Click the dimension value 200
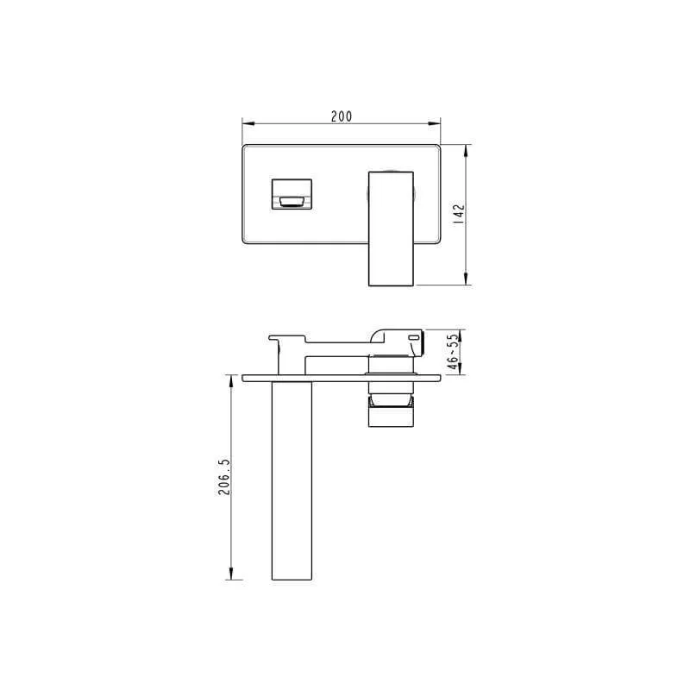(x=342, y=116)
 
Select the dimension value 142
(x=459, y=214)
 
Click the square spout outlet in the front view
(x=292, y=194)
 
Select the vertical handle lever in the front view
(x=391, y=227)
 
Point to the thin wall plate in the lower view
(x=345, y=377)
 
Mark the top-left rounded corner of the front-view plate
(x=248, y=149)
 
